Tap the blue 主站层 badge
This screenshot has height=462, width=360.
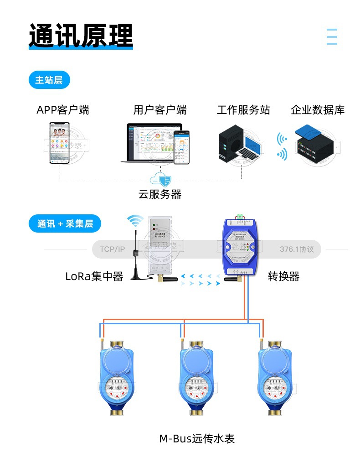point(49,80)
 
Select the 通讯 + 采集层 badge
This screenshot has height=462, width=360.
point(65,223)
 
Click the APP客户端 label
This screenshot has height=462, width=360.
point(63,110)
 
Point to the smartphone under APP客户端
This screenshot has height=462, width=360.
point(60,143)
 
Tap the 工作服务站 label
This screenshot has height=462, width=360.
point(243,110)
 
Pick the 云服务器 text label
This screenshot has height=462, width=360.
point(160,194)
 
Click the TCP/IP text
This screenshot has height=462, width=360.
point(112,249)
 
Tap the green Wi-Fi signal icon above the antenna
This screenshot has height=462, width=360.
point(135,221)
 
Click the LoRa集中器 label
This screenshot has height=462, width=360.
point(94,276)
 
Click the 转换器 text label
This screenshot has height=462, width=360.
point(283,276)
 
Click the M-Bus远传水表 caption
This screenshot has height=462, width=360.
point(197,439)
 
